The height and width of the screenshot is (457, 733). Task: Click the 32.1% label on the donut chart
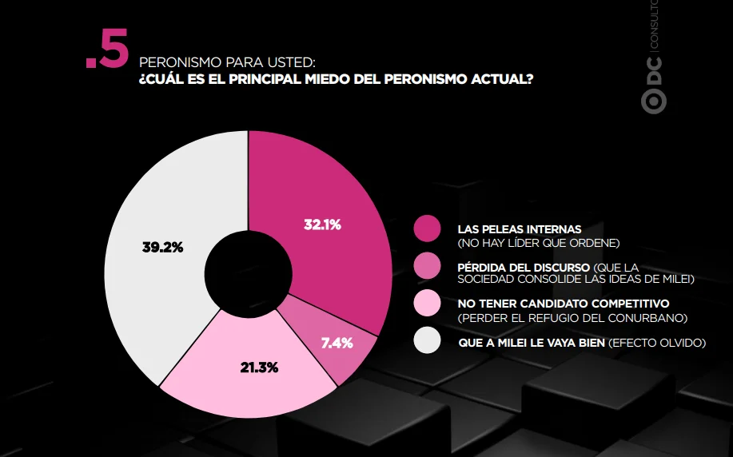tap(323, 225)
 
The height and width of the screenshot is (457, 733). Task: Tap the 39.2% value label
tap(163, 247)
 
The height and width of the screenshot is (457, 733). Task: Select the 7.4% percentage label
tap(337, 344)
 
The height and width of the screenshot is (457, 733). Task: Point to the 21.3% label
tap(260, 368)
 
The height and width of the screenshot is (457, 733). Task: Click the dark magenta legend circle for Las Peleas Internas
tap(428, 228)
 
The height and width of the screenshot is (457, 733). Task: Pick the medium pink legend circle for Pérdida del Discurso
tap(428, 266)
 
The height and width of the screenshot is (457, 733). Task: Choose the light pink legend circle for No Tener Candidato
tap(428, 303)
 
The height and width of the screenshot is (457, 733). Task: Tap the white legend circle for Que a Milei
tap(428, 340)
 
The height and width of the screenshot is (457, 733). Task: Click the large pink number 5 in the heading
tap(114, 49)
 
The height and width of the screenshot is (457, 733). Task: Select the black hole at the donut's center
tap(249, 274)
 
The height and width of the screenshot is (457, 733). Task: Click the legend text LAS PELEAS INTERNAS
tap(520, 229)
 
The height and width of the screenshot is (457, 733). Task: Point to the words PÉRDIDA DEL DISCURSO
tap(524, 268)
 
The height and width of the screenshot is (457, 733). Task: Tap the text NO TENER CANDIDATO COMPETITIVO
tap(564, 304)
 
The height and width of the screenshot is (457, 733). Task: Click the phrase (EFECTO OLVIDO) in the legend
tap(657, 343)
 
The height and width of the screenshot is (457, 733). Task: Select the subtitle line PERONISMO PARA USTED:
tap(227, 62)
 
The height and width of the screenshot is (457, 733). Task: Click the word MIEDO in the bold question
tap(327, 79)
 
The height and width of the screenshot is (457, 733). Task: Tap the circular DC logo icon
tap(654, 101)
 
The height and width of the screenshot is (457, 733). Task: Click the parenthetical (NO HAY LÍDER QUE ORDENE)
tap(539, 243)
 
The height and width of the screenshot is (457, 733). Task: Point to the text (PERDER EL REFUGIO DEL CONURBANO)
tap(572, 318)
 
